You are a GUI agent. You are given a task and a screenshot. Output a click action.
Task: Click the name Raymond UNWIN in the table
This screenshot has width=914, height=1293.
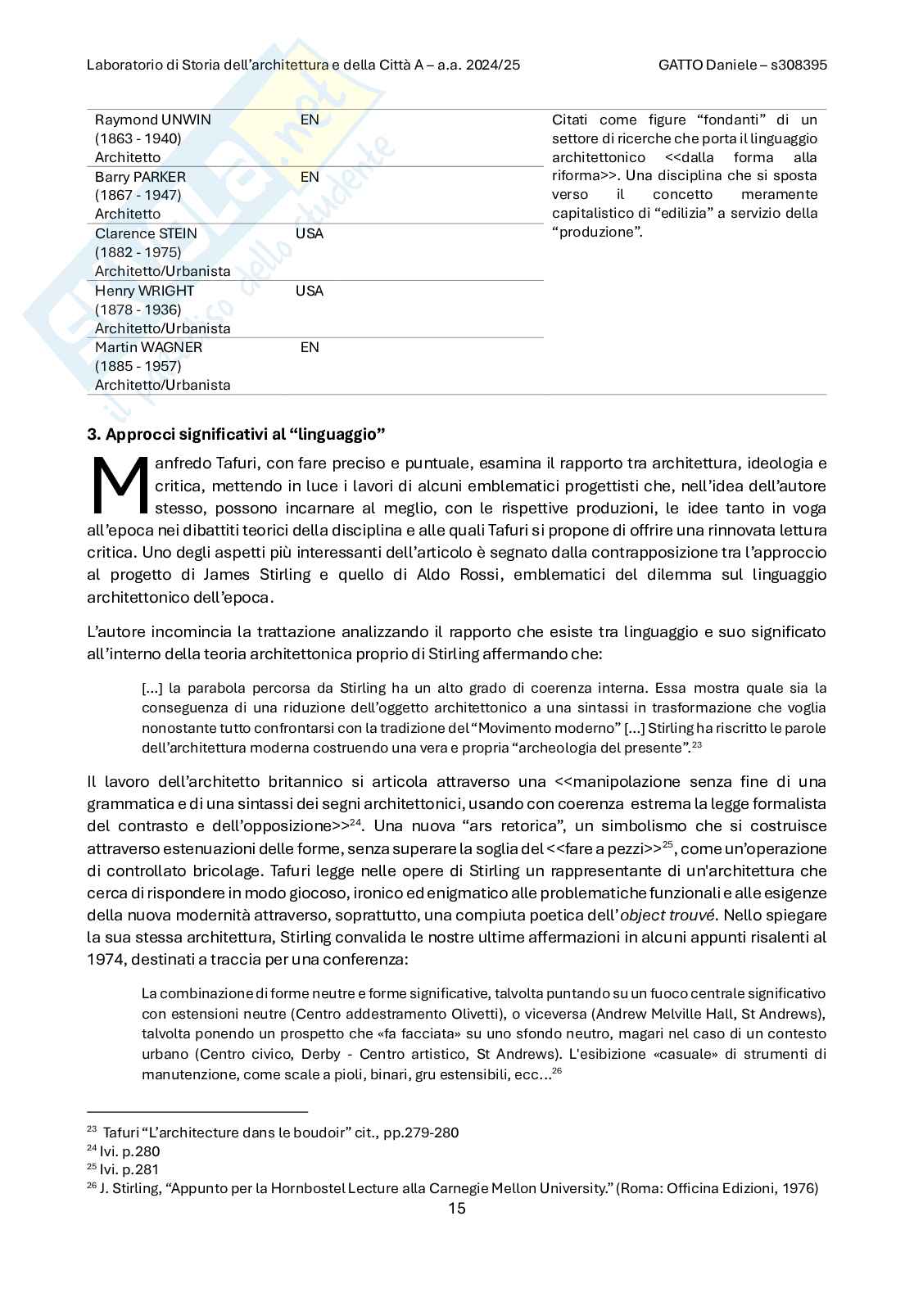(x=152, y=120)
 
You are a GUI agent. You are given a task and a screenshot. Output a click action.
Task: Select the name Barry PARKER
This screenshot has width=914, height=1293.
(x=140, y=177)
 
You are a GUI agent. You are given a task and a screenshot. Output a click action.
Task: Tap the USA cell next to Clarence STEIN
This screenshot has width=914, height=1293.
(x=310, y=233)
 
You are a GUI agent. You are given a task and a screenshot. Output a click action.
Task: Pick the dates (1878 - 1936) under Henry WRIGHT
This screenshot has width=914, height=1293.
(x=138, y=310)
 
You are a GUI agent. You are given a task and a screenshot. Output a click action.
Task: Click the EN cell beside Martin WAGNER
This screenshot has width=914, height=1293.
(x=310, y=347)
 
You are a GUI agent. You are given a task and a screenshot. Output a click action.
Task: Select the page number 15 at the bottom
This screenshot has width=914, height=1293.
(x=457, y=1208)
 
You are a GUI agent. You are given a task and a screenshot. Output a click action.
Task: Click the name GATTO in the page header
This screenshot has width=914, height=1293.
(x=680, y=65)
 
